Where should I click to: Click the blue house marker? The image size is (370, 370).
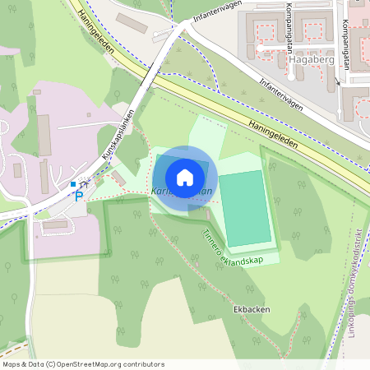(185, 177)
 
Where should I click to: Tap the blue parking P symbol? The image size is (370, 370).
(79, 196)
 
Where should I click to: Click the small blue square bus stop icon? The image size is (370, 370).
(73, 184)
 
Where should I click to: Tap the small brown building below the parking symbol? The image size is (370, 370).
(55, 224)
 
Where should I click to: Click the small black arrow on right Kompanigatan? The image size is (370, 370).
(338, 82)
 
